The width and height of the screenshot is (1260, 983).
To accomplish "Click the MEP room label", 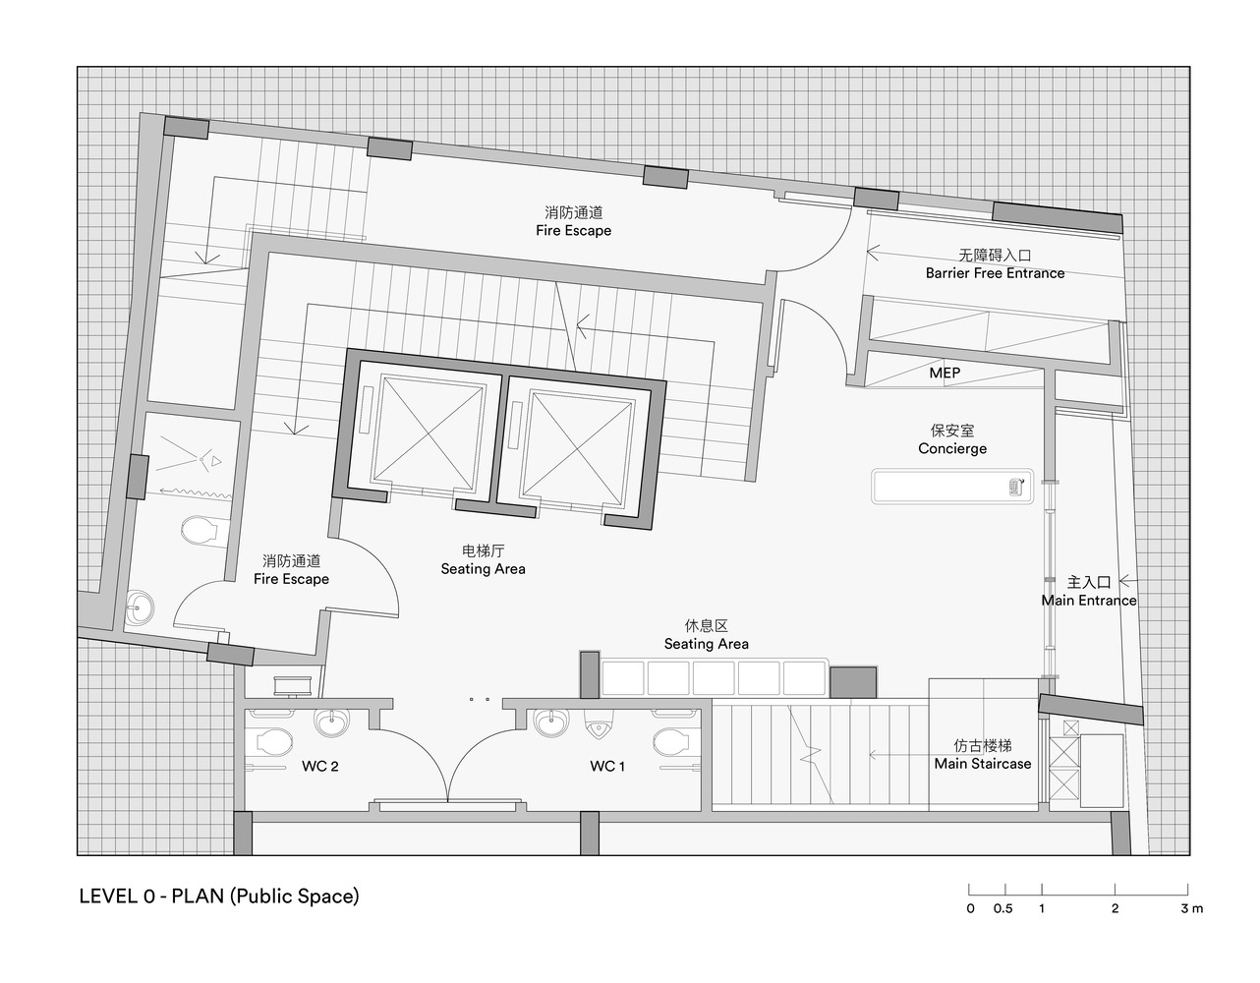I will pos(945,374).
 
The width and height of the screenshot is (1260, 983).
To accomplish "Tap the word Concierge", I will pos(952,448).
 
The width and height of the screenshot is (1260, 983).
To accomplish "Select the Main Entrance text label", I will pos(1089,601).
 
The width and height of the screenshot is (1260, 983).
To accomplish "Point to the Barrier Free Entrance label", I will pos(995,273).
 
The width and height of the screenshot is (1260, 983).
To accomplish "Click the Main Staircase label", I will pos(983,764).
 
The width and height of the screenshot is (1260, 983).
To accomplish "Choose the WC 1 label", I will pos(607,767).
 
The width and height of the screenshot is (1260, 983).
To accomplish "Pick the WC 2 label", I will pos(320,767).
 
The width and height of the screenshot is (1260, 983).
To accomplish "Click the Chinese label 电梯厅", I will pos(483,550).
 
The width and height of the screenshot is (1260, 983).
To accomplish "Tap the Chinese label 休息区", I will pos(706,626).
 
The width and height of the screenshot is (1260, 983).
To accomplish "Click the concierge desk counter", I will pos(951,487).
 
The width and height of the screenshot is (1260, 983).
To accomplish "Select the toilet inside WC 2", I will pos(273,739).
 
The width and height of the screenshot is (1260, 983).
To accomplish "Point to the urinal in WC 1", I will pos(598,728).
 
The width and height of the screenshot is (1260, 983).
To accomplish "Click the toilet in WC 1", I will pos(671,738).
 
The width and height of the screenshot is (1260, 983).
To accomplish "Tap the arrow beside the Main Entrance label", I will pos(1127,581).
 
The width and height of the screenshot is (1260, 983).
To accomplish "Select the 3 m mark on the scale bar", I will pos(1191,909).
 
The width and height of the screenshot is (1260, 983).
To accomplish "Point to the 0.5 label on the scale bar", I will pos(1002,909).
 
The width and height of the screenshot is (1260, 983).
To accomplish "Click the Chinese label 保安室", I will pos(952,431).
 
